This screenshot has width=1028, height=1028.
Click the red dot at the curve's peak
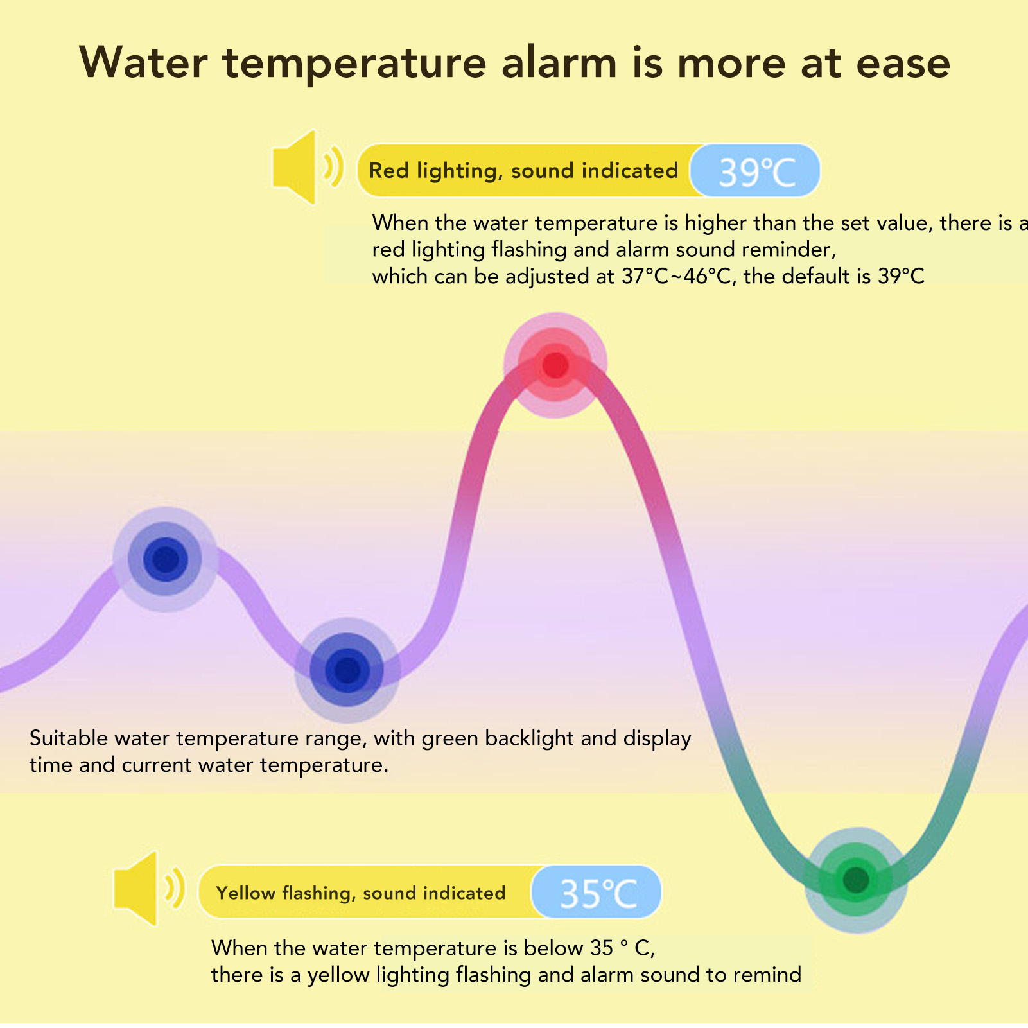[555, 365]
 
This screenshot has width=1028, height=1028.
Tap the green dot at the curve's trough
[855, 879]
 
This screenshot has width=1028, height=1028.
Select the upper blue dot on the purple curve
[166, 559]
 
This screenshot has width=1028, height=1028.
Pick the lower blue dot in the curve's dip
[347, 671]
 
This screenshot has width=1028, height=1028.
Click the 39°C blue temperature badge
[756, 171]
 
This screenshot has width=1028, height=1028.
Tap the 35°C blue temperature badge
[597, 893]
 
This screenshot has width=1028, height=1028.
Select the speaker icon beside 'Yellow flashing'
[149, 889]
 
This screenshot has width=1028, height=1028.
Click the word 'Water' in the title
[144, 63]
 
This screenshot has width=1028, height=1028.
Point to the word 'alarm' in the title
[559, 63]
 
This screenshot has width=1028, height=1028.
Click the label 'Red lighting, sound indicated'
[523, 171]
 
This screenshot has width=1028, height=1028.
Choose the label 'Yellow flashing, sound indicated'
[361, 893]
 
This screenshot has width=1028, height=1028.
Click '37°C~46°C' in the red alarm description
[677, 276]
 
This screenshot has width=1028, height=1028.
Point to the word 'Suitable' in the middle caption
[69, 738]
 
